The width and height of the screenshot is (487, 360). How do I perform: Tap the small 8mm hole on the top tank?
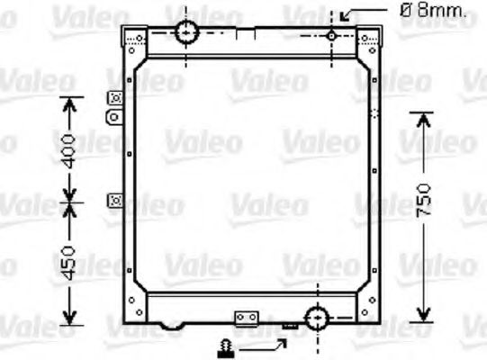point(331,35)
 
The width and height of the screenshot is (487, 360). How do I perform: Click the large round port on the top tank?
point(186,31)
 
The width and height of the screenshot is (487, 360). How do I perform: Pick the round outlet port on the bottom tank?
point(316,318)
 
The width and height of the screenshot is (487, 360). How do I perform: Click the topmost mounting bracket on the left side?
point(114,98)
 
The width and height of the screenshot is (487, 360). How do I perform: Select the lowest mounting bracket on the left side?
point(114,199)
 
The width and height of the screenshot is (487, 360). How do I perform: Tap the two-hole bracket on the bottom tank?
point(246,318)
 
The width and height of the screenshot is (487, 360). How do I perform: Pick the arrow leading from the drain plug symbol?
point(267,344)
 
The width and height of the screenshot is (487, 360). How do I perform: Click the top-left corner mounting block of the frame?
point(135,39)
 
